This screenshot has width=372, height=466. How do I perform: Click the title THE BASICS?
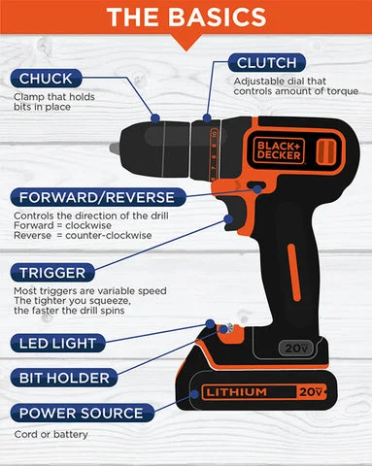point(185,17)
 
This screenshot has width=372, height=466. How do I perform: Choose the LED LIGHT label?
point(57,343)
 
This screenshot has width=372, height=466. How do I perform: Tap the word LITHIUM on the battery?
point(237,393)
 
